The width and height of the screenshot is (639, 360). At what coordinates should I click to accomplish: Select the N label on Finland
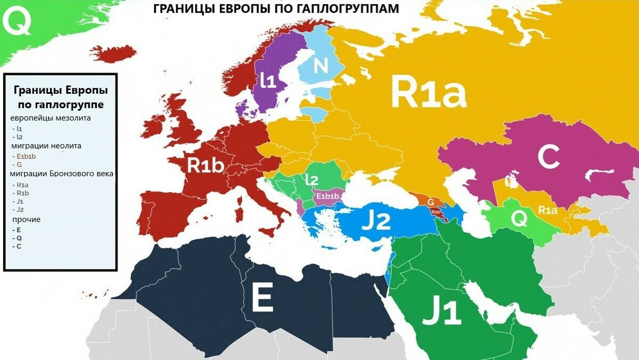[x=321, y=66]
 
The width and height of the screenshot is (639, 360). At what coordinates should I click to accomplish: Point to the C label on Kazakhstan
[x=548, y=157]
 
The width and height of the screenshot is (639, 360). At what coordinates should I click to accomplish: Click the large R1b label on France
[x=205, y=165]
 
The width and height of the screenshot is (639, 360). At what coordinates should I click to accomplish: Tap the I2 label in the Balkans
[x=312, y=180]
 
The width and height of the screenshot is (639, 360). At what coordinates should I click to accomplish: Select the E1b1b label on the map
[x=327, y=197]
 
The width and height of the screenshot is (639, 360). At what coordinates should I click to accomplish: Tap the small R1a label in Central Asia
[x=548, y=210]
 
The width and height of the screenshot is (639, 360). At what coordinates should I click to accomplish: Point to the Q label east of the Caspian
[x=519, y=218]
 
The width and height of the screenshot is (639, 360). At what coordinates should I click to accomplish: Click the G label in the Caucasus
[x=430, y=202]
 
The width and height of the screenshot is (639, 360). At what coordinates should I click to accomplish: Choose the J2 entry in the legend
[x=20, y=209]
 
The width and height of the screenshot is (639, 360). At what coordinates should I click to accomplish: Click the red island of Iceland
[x=113, y=53]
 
